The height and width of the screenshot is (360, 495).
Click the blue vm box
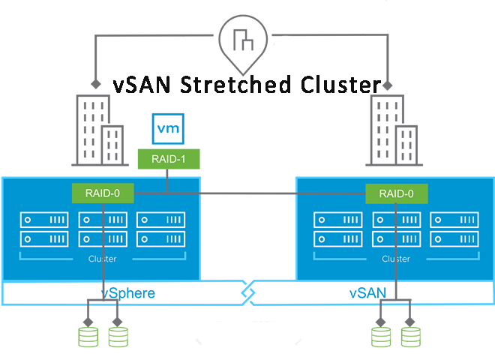tap(166, 127)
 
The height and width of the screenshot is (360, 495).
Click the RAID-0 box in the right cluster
tap(396, 193)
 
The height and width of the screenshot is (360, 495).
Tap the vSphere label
tap(128, 292)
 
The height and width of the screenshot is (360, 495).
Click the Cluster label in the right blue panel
tap(396, 259)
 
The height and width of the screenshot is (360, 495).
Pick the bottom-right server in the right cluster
tap(453, 240)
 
